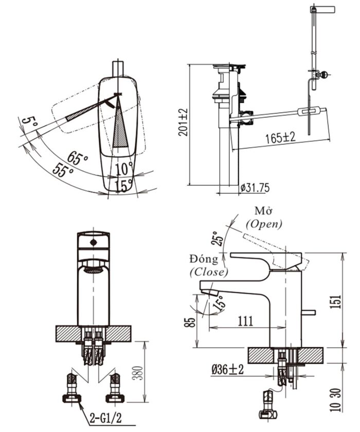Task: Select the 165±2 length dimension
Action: pyautogui.click(x=280, y=138)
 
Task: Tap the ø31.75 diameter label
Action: pyautogui.click(x=255, y=188)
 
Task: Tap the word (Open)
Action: pyautogui.click(x=264, y=224)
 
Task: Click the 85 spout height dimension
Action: pyautogui.click(x=191, y=322)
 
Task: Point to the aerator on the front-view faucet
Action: pyautogui.click(x=93, y=269)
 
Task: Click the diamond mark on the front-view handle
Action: pyautogui.click(x=93, y=241)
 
